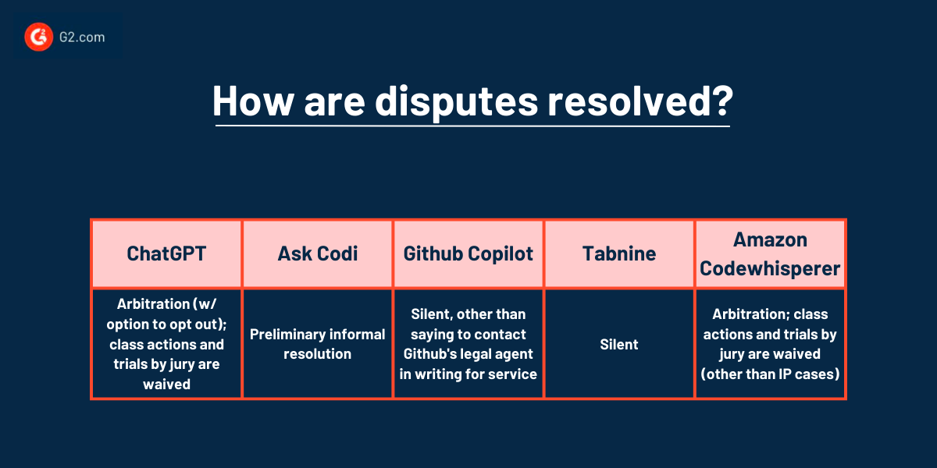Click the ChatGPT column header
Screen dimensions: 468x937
[x=166, y=253]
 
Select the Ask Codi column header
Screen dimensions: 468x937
[x=317, y=253]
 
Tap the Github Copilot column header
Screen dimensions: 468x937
[x=468, y=253]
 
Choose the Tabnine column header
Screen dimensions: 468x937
[x=619, y=253]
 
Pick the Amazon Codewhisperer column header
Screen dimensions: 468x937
[x=770, y=253]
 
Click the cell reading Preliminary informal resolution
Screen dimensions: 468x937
[x=317, y=343]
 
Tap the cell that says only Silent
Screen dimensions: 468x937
[x=619, y=343]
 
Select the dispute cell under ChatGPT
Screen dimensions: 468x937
[x=166, y=343]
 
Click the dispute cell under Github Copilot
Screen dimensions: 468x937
[x=468, y=343]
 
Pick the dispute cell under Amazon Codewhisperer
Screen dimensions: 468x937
[x=770, y=343]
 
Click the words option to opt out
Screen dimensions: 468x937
[x=166, y=324]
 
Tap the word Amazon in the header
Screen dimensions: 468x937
[x=770, y=240]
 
